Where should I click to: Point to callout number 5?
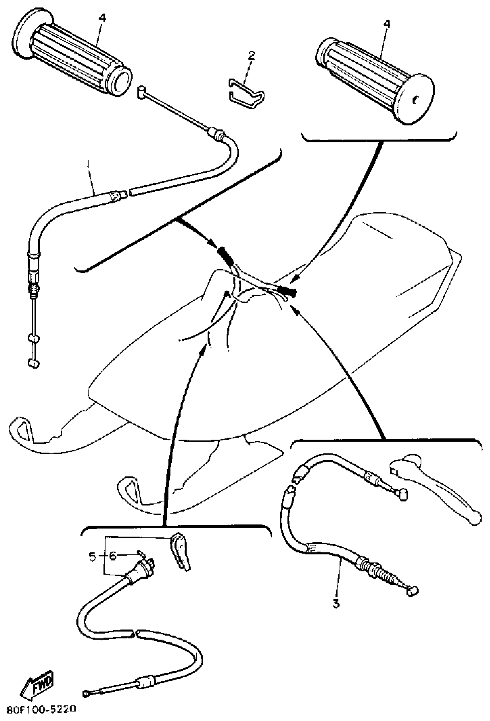(x=92, y=556)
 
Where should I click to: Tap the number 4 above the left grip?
(x=102, y=18)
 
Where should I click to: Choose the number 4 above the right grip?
(x=387, y=24)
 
